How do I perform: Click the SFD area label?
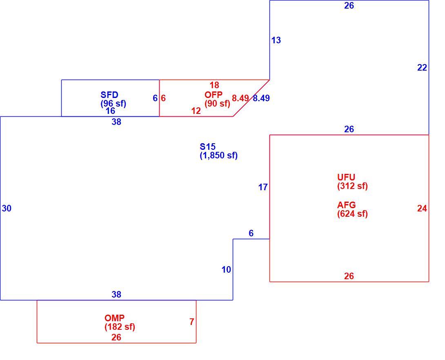pos(109,95)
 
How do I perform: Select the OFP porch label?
pos(214,95)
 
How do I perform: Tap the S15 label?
pos(207,147)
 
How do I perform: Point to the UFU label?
pos(346,177)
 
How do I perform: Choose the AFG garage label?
pos(346,205)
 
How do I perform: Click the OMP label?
pos(114,318)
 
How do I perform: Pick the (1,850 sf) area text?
pos(218,156)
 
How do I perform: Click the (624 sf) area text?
pos(352,213)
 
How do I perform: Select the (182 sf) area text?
pos(120,327)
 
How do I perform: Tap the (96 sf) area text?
pos(113,104)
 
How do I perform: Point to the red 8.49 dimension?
pos(240,98)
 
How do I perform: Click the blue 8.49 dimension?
pos(261,98)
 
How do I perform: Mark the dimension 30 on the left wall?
pos(7,209)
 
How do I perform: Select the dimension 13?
pos(276,40)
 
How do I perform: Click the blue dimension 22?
pos(422,68)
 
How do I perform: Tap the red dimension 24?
pos(422,209)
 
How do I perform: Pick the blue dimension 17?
pos(263,187)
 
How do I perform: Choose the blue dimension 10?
pos(226,270)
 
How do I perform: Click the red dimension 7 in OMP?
pos(192,322)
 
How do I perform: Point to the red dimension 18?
pos(214,85)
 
